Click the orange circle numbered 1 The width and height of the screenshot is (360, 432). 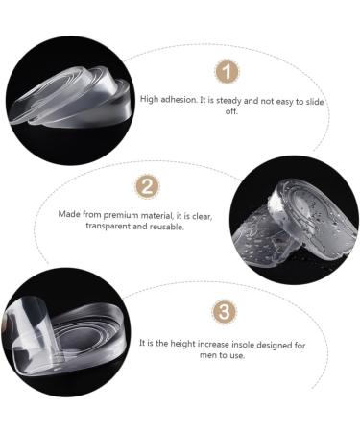pyautogui.click(x=225, y=72)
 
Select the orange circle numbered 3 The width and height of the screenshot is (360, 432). pyautogui.click(x=223, y=312)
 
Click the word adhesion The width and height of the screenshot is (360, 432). pyautogui.click(x=183, y=99)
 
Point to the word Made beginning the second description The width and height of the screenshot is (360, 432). pyautogui.click(x=69, y=214)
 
